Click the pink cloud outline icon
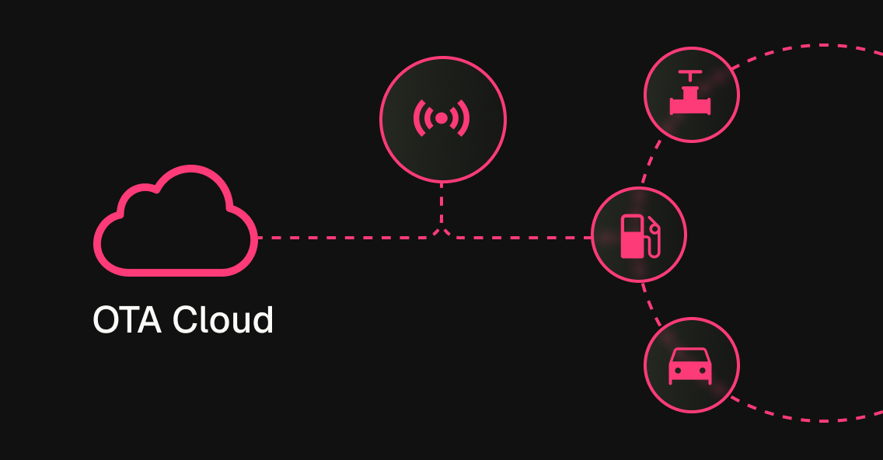[175, 225]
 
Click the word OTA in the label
[127, 320]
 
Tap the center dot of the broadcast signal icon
[441, 118]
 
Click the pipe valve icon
[691, 95]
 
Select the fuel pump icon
[639, 235]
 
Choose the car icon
[690, 365]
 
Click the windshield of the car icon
[690, 356]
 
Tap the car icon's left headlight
[678, 371]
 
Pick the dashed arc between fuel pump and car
[651, 303]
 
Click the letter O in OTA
[106, 320]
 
